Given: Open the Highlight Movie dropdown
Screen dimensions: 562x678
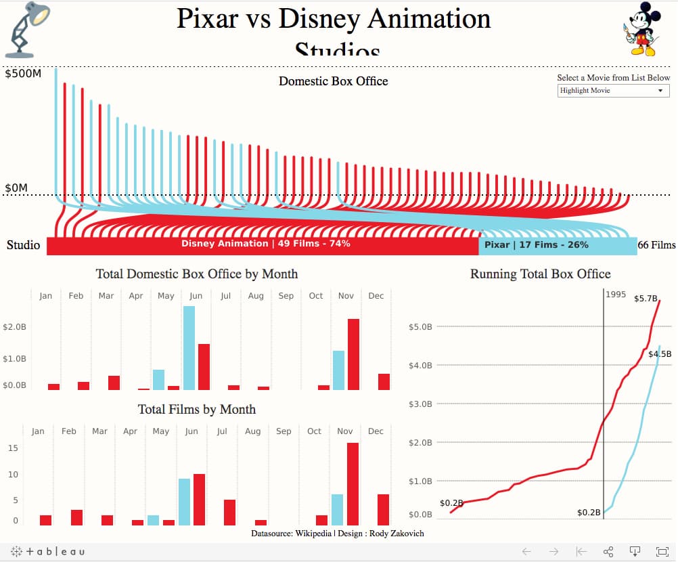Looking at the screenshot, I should click(613, 91).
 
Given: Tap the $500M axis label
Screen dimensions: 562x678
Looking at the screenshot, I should click(23, 74).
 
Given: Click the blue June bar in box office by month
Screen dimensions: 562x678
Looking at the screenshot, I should click(189, 348).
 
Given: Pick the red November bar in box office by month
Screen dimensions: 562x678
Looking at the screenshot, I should click(353, 354).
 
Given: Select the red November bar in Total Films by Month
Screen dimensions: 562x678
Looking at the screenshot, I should click(353, 483).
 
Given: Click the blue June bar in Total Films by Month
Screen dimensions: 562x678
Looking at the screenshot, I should click(184, 502).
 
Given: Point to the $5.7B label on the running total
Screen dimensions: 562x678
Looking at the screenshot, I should click(646, 298).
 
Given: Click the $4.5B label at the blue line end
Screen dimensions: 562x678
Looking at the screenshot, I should click(659, 353).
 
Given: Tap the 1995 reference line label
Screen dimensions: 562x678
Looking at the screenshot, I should click(616, 295).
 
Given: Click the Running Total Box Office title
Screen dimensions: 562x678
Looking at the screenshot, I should click(540, 274).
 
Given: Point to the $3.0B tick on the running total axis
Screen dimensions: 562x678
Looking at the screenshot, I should click(420, 404).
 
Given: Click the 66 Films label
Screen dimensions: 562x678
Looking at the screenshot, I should click(656, 245).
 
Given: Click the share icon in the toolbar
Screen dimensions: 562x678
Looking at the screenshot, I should click(608, 551).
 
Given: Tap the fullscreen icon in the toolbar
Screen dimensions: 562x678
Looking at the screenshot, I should click(662, 551).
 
